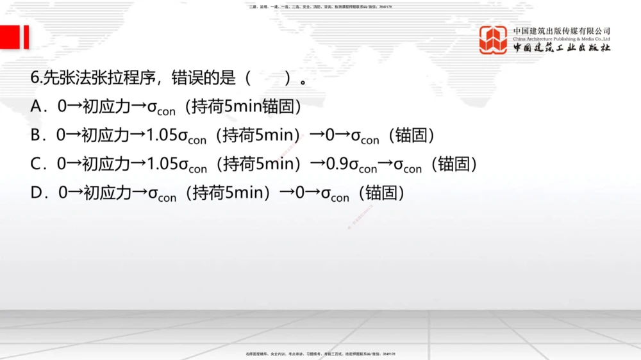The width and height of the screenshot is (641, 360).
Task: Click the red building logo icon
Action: tap(493, 40)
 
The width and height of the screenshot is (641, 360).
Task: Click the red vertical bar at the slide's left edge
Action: tap(26, 37)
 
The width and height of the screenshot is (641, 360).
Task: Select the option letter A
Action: tap(37, 106)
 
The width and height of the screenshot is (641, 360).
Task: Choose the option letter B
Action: tap(36, 135)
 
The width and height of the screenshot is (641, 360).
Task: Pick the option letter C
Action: tap(37, 164)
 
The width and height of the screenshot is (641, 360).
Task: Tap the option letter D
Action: tap(37, 193)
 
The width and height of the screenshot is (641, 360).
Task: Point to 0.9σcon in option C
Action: tap(351, 165)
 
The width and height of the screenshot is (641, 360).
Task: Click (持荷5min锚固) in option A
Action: tap(243, 106)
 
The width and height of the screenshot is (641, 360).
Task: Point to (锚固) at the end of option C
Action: tap(454, 165)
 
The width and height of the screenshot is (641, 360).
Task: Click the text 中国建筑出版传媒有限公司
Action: tap(561, 31)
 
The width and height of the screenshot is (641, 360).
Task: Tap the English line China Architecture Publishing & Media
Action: tap(561, 38)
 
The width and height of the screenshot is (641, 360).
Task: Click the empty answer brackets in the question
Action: tap(267, 78)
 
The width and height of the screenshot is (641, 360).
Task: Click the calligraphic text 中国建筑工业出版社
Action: tap(561, 48)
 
